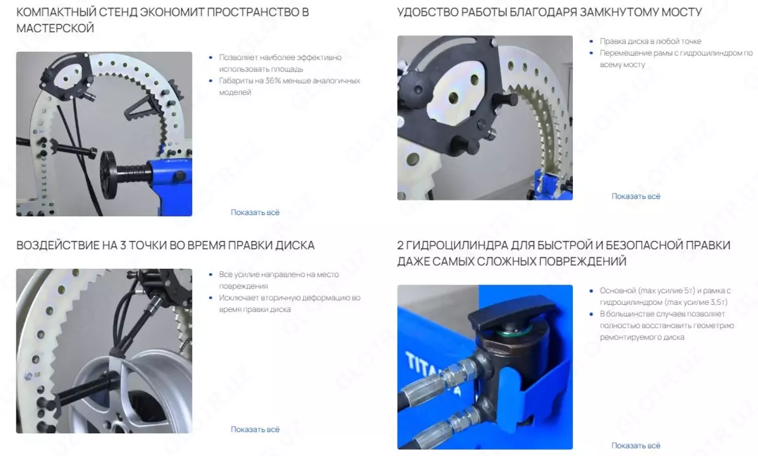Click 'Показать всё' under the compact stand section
(255, 212)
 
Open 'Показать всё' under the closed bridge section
(636, 196)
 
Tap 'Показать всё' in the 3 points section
(255, 429)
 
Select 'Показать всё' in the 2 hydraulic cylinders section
(636, 445)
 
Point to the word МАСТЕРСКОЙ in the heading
(55, 28)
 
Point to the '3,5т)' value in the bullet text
(717, 302)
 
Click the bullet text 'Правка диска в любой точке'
(651, 41)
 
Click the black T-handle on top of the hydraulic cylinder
(513, 312)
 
